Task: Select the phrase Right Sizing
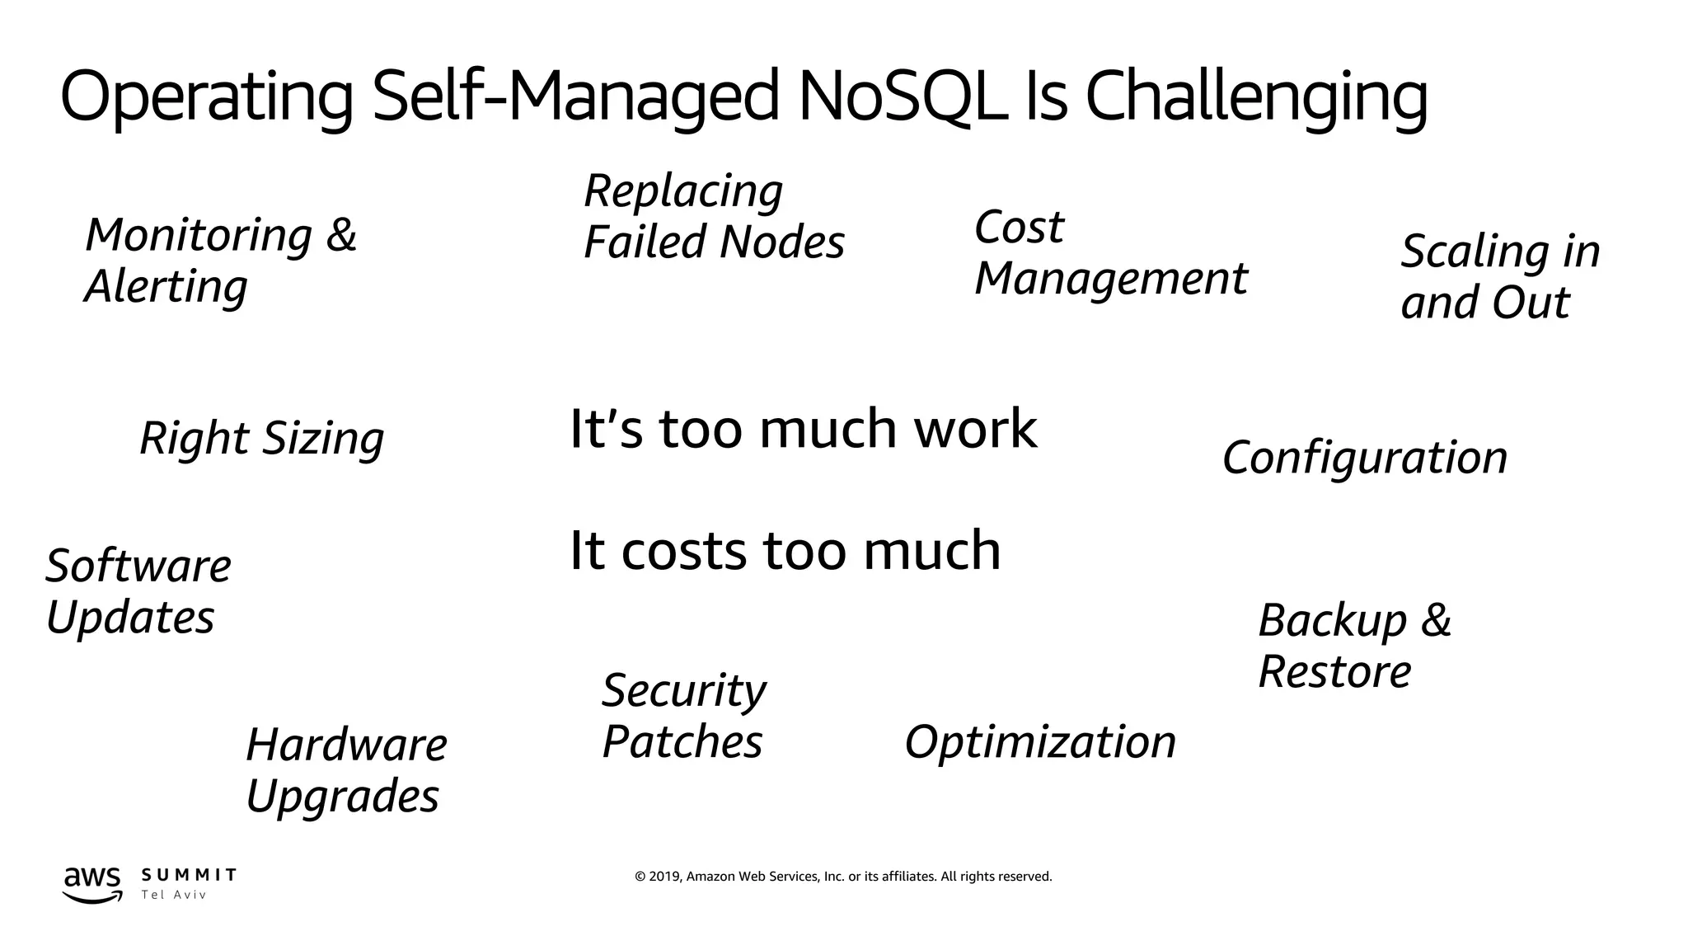pyautogui.click(x=261, y=438)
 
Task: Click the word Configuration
pyautogui.click(x=1364, y=458)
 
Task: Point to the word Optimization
pyautogui.click(x=1040, y=741)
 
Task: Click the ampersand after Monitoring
pyautogui.click(x=340, y=235)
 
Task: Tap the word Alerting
pyautogui.click(x=166, y=287)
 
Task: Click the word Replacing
pyautogui.click(x=683, y=191)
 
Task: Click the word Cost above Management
pyautogui.click(x=1019, y=227)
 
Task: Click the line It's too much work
pyautogui.click(x=803, y=429)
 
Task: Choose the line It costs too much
pyautogui.click(x=785, y=550)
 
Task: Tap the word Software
pyautogui.click(x=138, y=567)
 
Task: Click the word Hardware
pyautogui.click(x=346, y=745)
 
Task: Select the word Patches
pyautogui.click(x=682, y=741)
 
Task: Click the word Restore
pyautogui.click(x=1334, y=671)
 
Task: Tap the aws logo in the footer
pyautogui.click(x=92, y=883)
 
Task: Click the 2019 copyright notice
pyautogui.click(x=843, y=877)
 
